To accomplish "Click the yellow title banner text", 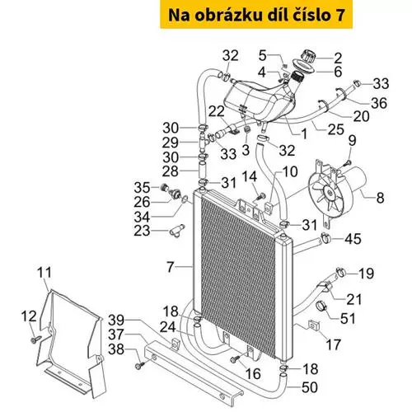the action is click(x=256, y=15).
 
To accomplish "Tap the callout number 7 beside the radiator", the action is click(x=171, y=267).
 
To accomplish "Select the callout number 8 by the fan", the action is click(x=380, y=198).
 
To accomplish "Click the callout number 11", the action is click(x=44, y=273).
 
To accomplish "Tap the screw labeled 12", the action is click(x=35, y=339).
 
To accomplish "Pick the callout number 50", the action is click(x=310, y=387).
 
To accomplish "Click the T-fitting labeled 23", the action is click(x=176, y=231).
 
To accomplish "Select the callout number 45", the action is click(x=353, y=239).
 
